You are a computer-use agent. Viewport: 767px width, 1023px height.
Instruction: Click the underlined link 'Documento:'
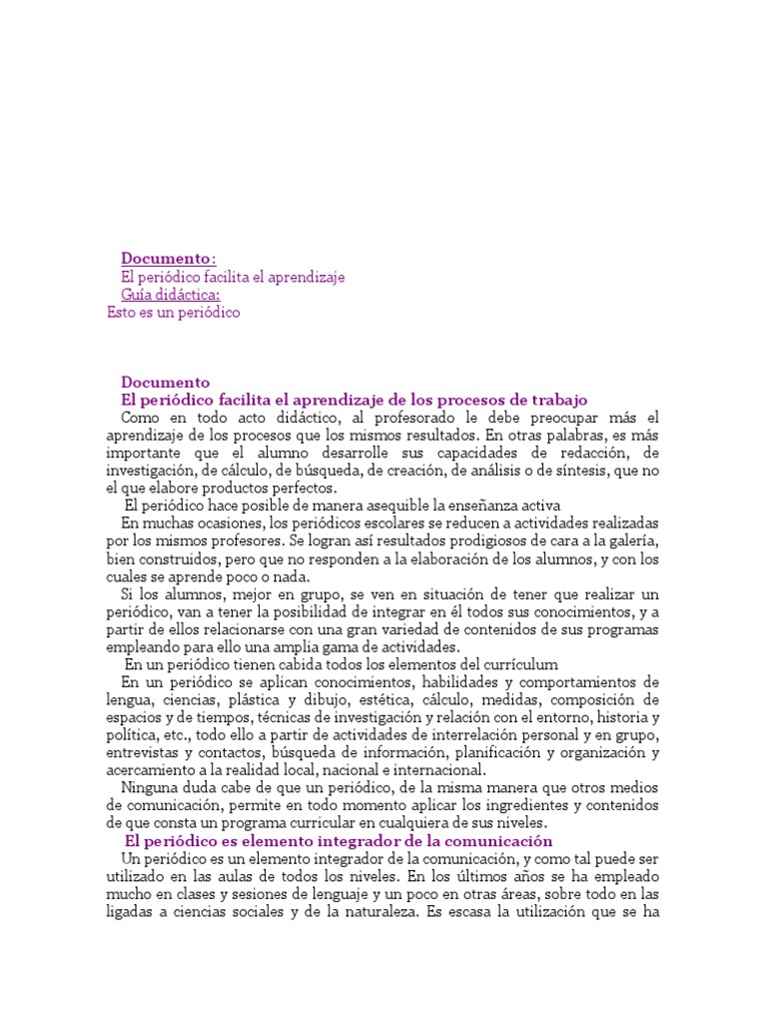pos(168,259)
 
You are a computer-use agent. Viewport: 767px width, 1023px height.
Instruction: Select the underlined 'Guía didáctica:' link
pos(171,295)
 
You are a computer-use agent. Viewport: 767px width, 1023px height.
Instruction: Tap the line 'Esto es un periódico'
pos(174,313)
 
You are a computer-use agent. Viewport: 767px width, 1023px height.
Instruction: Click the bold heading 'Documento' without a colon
pos(165,382)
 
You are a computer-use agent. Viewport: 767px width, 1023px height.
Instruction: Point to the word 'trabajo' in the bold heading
pos(560,400)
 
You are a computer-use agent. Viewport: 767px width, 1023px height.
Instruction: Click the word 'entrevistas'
pos(144,752)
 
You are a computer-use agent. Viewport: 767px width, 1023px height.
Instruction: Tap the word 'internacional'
pos(437,770)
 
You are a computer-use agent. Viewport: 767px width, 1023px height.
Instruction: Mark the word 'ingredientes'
pos(507,805)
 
